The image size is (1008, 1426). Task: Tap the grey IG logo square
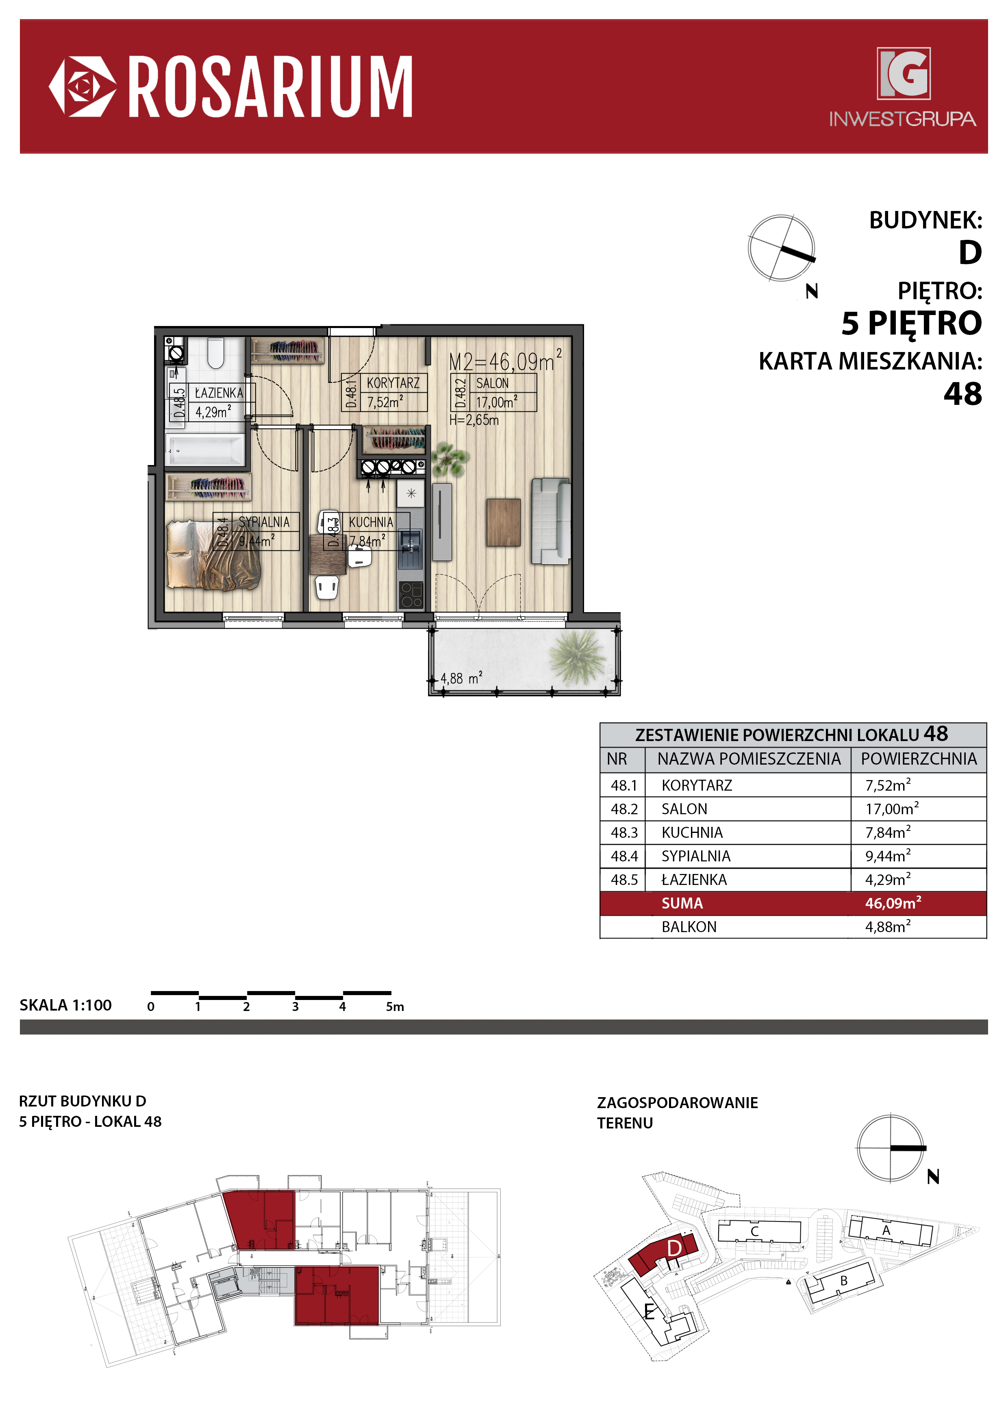903,73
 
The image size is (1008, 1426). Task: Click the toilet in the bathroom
215,353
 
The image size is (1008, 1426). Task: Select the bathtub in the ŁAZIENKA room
205,450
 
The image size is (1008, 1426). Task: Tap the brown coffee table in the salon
503,522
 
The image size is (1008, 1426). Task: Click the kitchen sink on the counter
411,548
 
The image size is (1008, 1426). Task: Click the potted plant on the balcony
577,656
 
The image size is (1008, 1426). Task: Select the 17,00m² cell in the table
892,808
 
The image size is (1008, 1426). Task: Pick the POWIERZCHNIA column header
919,759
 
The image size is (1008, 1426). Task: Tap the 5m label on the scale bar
395,1007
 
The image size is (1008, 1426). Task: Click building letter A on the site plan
886,1230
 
